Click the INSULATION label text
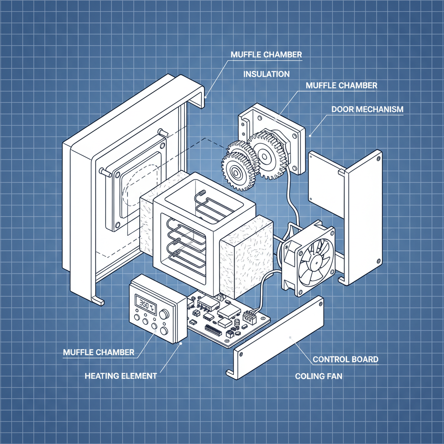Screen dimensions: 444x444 click(x=266, y=74)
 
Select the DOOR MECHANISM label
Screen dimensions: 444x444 click(x=367, y=109)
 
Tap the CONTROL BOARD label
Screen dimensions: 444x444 click(x=345, y=359)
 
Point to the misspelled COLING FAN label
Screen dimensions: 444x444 click(x=318, y=376)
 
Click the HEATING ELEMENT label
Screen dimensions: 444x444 click(x=120, y=376)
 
